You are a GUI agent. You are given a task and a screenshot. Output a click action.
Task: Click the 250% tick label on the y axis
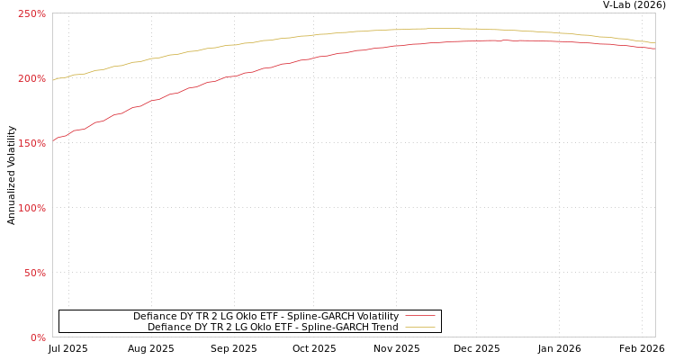coord(31,13)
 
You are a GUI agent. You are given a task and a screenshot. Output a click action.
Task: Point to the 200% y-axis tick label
coord(31,78)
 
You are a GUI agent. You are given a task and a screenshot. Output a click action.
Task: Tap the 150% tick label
coord(31,143)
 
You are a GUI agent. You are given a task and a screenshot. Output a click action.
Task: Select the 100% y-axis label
coord(31,208)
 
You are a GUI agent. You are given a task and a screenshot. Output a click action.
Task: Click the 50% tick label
coord(34,273)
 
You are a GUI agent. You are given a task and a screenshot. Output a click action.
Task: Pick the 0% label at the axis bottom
coord(38,337)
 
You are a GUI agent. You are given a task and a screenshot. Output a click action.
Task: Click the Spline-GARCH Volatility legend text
coord(265,316)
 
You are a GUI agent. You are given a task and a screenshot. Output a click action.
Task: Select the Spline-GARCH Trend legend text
coord(273,327)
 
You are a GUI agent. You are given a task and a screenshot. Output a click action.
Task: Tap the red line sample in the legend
coord(419,316)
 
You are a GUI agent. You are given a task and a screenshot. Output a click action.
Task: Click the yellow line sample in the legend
coord(419,327)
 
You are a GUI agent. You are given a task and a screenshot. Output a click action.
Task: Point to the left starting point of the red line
coord(53,140)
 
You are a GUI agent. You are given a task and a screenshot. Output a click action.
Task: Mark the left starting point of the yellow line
coord(53,80)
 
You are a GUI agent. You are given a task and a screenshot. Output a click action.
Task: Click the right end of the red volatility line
coord(654,49)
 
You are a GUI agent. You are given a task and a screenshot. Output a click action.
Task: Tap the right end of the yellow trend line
coord(654,42)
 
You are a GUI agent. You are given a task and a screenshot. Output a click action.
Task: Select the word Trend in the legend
coord(384,327)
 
